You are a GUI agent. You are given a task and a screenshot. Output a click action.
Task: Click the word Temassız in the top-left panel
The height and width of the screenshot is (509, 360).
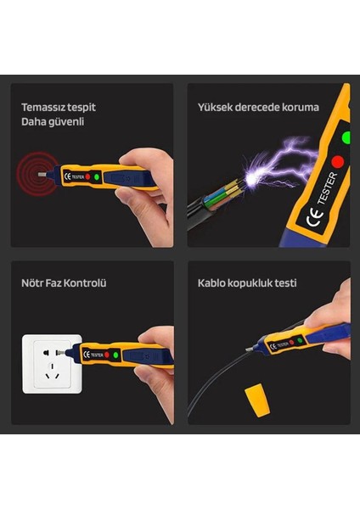(40, 107)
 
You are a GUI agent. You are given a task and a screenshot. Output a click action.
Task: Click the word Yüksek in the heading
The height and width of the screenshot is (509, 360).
(215, 107)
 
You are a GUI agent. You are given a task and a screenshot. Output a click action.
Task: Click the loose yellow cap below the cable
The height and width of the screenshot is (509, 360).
(257, 400)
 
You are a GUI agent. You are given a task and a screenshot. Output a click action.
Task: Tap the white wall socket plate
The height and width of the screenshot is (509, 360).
(52, 364)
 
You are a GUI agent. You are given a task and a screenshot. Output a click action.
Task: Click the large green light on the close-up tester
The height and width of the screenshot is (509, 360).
(346, 137)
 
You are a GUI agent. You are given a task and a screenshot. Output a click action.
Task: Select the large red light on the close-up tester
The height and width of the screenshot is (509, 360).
(338, 161)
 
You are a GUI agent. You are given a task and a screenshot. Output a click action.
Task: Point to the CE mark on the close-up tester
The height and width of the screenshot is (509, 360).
(314, 218)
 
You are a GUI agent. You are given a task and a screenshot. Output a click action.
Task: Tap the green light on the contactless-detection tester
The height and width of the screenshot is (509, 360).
(97, 177)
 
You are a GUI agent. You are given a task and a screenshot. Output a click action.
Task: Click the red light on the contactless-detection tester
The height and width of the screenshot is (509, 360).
(87, 177)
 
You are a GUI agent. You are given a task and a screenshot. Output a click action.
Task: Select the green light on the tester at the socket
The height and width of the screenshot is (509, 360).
(115, 355)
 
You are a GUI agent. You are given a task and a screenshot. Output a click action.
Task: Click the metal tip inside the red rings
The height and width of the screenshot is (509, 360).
(42, 174)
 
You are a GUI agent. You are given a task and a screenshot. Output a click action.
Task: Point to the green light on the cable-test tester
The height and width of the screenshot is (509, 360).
(300, 340)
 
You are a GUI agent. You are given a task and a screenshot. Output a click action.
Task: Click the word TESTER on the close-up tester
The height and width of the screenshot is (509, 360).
(328, 188)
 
